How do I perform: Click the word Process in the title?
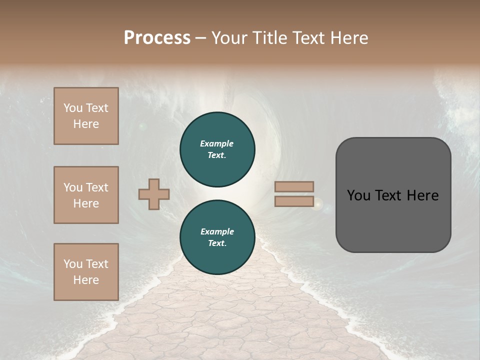(157, 38)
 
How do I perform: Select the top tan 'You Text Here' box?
(86, 116)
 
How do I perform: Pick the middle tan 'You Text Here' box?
(86, 195)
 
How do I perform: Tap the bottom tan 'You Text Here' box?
(86, 272)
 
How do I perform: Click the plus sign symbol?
(154, 194)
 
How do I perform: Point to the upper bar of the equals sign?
(294, 186)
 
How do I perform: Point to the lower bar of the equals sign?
(294, 201)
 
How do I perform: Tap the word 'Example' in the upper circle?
(217, 143)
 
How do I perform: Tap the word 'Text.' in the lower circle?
(217, 243)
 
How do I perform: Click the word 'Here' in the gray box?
(422, 195)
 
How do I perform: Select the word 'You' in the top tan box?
(73, 108)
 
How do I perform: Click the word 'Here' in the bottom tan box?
(86, 280)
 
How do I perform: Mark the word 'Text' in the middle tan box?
(96, 187)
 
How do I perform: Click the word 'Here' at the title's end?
(350, 38)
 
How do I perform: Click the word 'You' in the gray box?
(358, 195)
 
